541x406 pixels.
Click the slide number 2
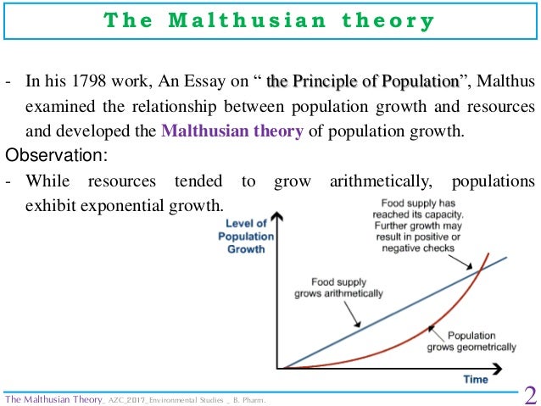[530, 395]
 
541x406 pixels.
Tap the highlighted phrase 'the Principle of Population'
[362, 82]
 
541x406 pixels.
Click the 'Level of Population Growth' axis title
[246, 237]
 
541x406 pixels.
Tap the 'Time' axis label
[476, 380]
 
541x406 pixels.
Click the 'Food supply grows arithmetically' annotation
[338, 288]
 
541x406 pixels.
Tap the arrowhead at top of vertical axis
[282, 219]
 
